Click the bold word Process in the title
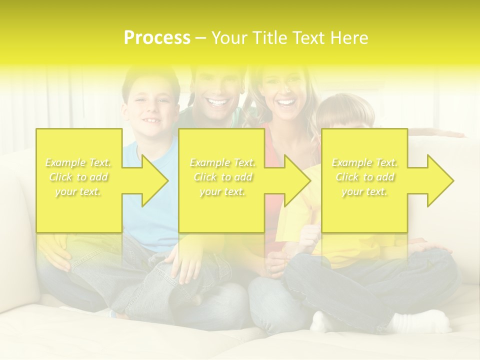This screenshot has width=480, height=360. [x=157, y=38]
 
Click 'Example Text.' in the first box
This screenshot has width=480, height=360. [x=78, y=162]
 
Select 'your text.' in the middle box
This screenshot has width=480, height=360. [x=222, y=191]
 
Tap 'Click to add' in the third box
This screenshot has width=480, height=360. [x=365, y=177]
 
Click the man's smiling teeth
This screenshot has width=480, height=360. [x=217, y=103]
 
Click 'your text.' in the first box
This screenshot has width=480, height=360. [x=78, y=191]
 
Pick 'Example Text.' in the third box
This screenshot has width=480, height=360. [x=365, y=162]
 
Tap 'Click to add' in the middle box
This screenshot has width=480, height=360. [x=222, y=177]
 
